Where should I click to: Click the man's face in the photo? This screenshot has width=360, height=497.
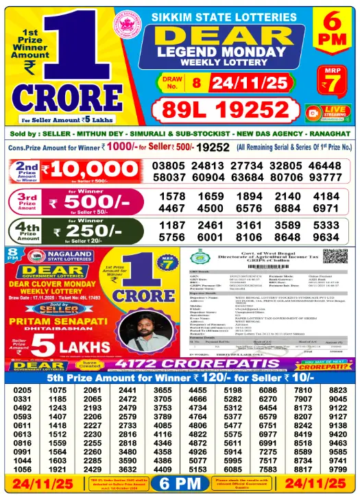[146, 329]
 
